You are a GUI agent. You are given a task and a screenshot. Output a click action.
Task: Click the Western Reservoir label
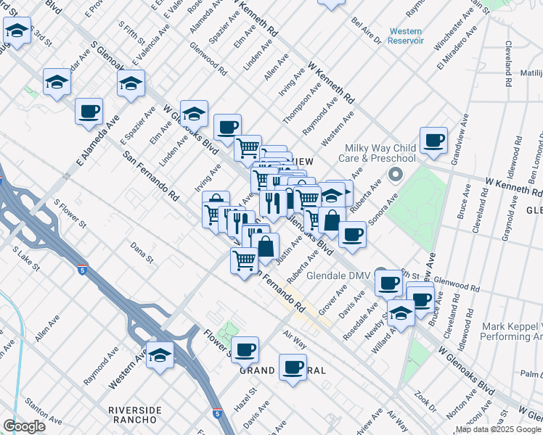[406, 36]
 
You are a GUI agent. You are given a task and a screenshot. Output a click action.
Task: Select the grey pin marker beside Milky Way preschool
[396, 175]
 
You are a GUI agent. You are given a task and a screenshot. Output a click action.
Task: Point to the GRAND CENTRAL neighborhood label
[282, 370]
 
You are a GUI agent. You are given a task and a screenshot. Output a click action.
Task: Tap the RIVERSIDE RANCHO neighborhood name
[135, 415]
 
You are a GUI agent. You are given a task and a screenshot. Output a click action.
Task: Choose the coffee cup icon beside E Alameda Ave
[89, 112]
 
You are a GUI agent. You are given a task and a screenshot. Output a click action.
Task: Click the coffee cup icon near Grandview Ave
[433, 140]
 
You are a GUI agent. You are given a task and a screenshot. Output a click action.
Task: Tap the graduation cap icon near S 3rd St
[16, 31]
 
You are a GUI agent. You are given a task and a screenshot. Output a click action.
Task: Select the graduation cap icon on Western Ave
[160, 355]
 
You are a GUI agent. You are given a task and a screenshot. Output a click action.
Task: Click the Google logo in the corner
[24, 426]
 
